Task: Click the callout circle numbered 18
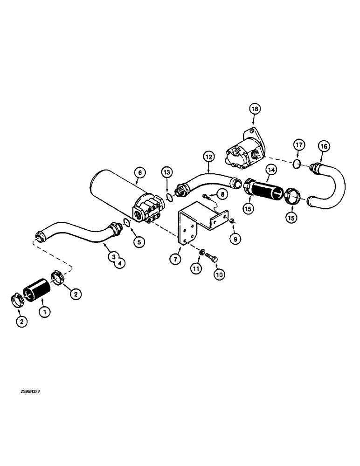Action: tap(255, 109)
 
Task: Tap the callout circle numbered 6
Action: tap(139, 172)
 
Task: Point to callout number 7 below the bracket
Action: tap(173, 260)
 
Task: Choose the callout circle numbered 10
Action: tap(219, 274)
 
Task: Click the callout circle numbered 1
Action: tap(45, 313)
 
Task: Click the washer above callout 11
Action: tap(202, 252)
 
